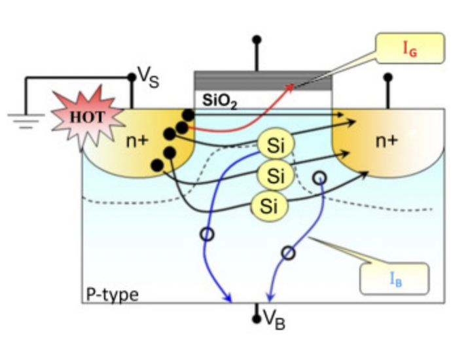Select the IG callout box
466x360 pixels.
coord(409,49)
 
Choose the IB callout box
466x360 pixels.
coord(395,279)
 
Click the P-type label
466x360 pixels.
coord(112,295)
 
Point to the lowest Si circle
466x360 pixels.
coord(270,206)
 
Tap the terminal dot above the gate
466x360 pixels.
coord(257,39)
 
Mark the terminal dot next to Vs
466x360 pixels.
coord(132,77)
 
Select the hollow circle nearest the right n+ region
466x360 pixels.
coord(319,177)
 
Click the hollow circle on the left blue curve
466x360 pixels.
coord(207,234)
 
